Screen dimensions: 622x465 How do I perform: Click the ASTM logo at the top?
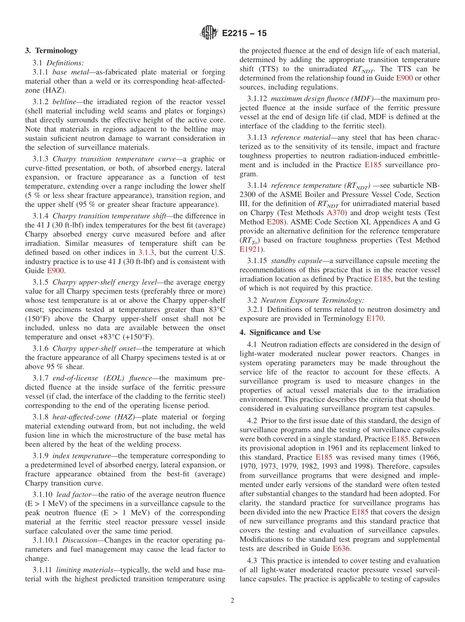point(209,33)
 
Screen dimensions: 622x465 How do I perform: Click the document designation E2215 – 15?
point(244,34)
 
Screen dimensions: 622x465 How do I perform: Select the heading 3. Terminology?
point(51,50)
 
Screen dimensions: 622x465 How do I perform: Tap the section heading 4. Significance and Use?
point(280,333)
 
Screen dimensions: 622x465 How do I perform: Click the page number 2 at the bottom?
point(232,601)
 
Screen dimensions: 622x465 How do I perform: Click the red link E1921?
point(251,249)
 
